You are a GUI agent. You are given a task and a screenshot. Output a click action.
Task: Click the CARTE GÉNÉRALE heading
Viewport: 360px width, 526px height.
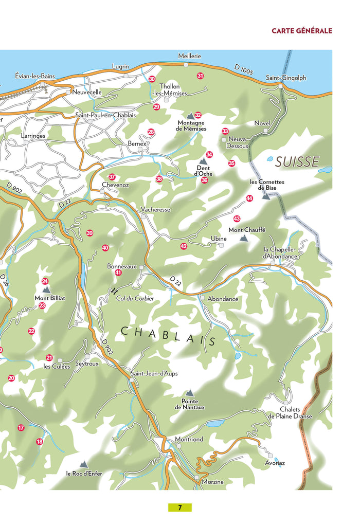301,31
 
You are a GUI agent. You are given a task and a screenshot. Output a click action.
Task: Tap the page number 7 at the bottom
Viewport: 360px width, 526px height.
179,507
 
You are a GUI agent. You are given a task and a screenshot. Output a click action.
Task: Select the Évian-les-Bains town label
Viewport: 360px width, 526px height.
35,76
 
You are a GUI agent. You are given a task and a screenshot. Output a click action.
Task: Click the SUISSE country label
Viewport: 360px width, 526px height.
297,162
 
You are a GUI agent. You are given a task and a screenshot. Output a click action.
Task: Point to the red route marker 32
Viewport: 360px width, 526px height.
198,115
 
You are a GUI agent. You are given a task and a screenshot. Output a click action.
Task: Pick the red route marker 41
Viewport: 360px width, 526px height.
118,273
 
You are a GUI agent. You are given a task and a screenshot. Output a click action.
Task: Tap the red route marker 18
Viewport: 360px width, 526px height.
40,442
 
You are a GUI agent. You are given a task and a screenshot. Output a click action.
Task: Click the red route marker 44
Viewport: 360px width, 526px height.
249,198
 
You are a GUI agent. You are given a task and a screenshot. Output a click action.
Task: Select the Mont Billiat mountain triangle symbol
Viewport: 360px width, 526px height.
46,290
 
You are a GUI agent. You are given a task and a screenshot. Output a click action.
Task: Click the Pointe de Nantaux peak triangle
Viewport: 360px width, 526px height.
190,393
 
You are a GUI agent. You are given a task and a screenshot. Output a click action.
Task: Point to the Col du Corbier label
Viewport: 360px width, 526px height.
135,298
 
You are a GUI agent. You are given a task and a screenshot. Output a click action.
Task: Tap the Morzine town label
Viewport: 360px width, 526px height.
213,481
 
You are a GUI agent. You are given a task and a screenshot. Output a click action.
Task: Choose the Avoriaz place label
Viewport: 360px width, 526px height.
275,463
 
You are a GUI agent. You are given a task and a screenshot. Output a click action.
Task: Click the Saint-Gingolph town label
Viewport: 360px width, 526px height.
285,78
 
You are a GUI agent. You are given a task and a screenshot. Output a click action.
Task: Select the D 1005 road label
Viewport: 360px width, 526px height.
244,69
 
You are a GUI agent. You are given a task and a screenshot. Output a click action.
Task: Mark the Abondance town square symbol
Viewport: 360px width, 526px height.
203,298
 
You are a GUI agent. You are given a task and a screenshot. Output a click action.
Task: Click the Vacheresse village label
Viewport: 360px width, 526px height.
155,209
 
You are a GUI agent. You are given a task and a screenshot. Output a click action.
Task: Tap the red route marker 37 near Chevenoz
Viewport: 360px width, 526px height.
112,177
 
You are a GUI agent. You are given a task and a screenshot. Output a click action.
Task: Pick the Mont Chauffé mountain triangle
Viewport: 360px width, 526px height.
244,239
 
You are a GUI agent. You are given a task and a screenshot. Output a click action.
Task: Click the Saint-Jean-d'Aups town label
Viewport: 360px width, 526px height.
154,373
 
